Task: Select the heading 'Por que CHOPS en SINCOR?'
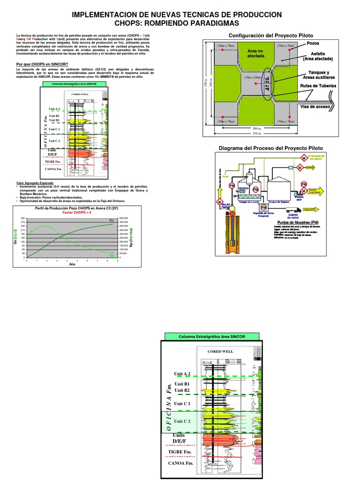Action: point(42,64)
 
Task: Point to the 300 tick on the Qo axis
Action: point(22,218)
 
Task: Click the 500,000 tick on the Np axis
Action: point(124,218)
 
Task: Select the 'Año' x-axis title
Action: point(72,264)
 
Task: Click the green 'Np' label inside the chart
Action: point(112,220)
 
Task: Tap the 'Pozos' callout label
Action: point(313,43)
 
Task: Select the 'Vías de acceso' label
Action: point(316,107)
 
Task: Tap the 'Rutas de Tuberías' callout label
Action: point(318,86)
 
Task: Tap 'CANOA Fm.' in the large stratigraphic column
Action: point(180,463)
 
